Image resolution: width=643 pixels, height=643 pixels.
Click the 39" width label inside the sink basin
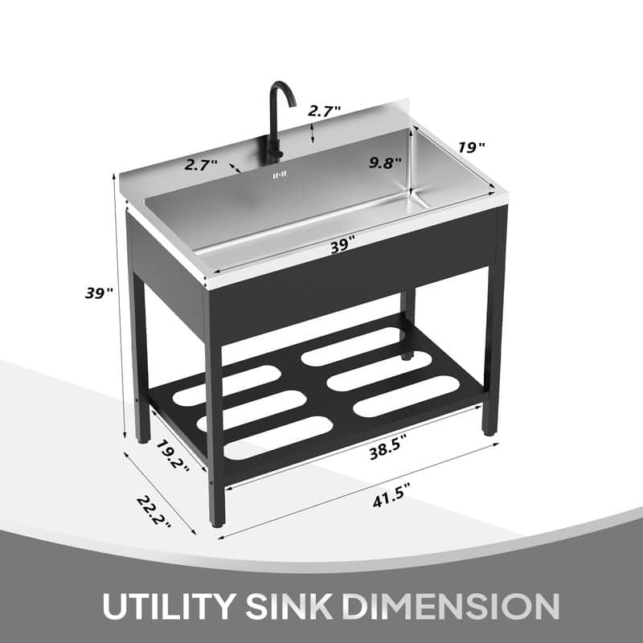(x=342, y=246)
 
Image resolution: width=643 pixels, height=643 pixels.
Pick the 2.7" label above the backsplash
(x=326, y=111)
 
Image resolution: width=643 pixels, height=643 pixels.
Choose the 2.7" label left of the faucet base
(x=201, y=165)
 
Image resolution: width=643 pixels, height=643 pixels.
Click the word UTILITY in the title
(x=165, y=604)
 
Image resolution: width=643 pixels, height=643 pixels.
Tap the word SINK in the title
(x=293, y=604)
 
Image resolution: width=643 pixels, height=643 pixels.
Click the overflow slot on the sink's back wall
(x=279, y=174)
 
